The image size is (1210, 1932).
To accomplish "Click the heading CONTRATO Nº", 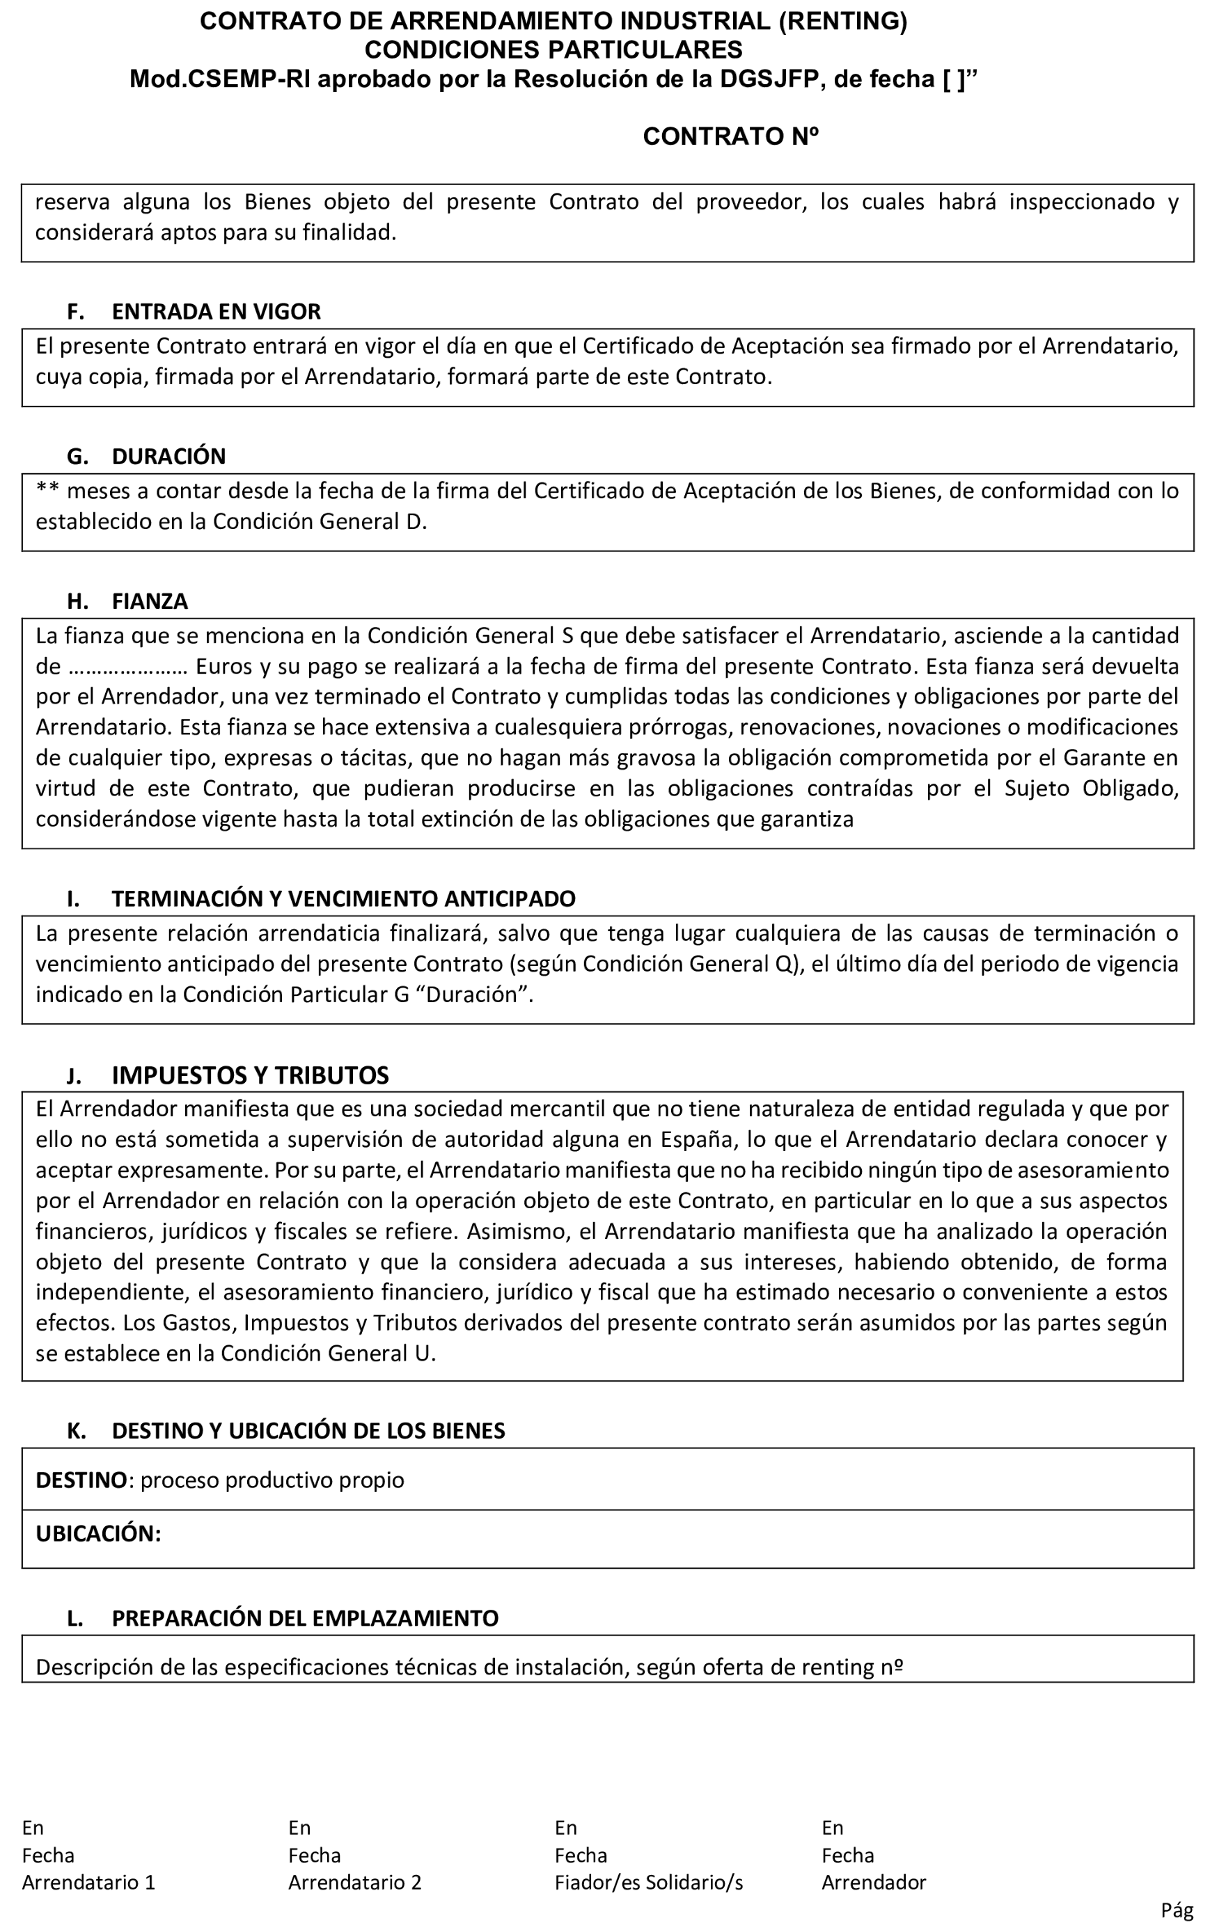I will [730, 137].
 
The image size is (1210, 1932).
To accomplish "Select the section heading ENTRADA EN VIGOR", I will [216, 311].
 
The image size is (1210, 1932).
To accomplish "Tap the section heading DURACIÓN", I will [169, 456].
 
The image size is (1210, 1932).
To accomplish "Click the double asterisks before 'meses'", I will [48, 489].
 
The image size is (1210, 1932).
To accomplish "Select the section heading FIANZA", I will [150, 601].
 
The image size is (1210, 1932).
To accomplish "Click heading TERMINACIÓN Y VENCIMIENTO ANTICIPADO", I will [343, 898].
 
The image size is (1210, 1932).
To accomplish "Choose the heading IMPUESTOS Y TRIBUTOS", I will [250, 1075].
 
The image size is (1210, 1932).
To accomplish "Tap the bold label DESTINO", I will [81, 1480].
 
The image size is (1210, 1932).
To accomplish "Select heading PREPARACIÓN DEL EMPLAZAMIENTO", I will [305, 1618].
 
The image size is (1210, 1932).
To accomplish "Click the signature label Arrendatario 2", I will [354, 1883].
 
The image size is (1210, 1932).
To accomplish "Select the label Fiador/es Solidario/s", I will [648, 1883].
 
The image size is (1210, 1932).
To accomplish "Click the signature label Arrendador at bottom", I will [873, 1883].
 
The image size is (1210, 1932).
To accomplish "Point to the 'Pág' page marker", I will [1177, 1910].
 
